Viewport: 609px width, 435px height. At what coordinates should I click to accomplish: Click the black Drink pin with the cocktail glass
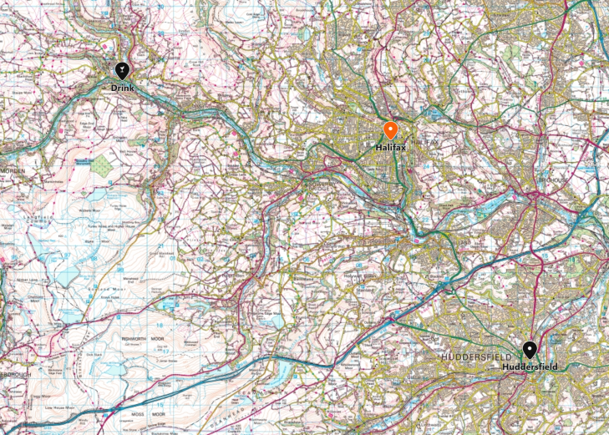[x=122, y=71]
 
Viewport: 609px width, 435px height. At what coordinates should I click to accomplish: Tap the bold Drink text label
[x=122, y=87]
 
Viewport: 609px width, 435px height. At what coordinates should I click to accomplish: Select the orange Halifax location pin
[x=390, y=131]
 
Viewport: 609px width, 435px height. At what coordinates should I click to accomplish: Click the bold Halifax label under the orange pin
[x=390, y=147]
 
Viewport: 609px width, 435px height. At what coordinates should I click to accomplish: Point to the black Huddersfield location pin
[x=529, y=351]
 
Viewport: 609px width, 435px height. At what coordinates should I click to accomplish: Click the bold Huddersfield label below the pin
[x=530, y=367]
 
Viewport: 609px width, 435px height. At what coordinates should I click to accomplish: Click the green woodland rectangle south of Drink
[x=101, y=165]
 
